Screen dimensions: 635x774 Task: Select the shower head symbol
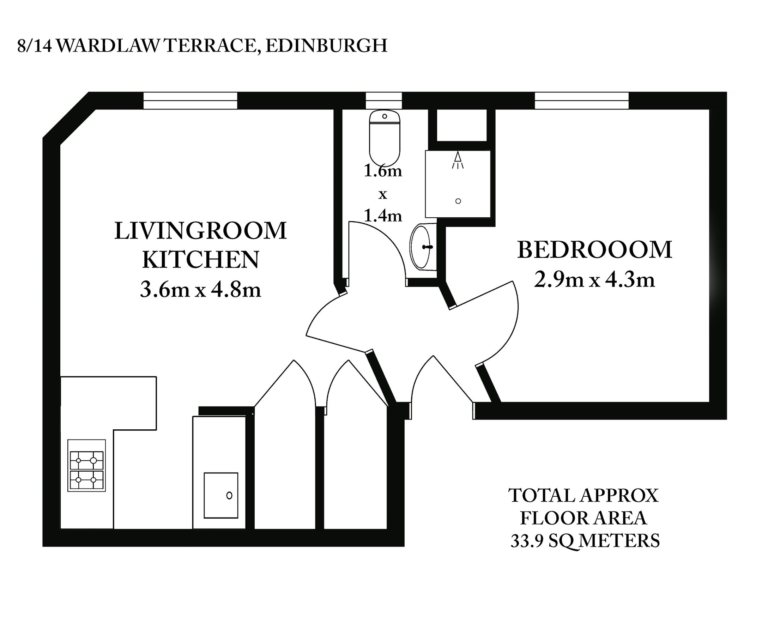point(458,160)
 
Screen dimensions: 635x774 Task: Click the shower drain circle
point(458,201)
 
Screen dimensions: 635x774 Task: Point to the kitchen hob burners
point(87,470)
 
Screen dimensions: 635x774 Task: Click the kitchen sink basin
point(221,495)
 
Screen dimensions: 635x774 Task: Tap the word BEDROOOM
point(594,250)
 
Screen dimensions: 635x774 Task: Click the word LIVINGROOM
point(200,231)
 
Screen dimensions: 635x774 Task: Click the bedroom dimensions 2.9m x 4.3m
point(594,280)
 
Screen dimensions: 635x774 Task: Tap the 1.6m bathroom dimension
point(383,171)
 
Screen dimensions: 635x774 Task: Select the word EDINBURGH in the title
point(326,46)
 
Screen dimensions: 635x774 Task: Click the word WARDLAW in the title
point(108,46)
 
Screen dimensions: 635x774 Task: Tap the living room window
point(190,101)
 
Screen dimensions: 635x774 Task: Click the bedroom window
point(582,101)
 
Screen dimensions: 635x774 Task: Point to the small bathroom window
point(384,101)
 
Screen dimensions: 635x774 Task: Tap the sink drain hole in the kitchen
point(229,495)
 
